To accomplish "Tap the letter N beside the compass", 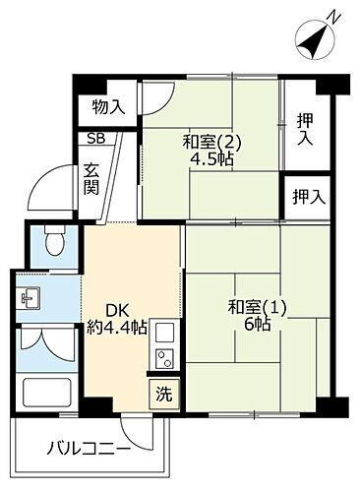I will click(336, 16).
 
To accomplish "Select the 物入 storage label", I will click(107, 106).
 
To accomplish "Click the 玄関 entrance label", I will click(91, 178).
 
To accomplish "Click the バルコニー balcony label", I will click(89, 450).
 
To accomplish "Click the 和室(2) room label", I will click(210, 141).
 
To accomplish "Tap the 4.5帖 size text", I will click(212, 159).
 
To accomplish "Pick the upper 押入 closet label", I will click(307, 130).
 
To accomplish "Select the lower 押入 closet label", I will click(308, 195).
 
